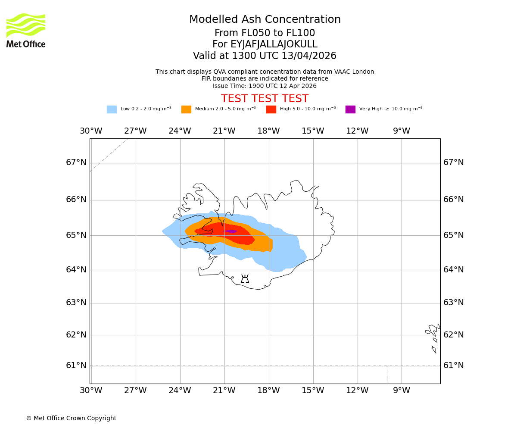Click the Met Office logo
(x=26, y=30)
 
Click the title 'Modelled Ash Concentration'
(x=265, y=20)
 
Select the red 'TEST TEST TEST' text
(x=265, y=99)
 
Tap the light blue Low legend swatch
(x=112, y=109)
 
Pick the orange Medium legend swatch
(x=186, y=109)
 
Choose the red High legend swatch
(x=271, y=109)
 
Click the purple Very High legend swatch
(x=350, y=109)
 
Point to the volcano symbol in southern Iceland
(x=245, y=279)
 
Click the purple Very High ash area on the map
(x=231, y=231)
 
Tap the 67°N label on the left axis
(x=76, y=162)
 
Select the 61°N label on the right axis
(x=454, y=365)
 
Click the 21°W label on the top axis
(x=224, y=131)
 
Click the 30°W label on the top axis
(x=91, y=131)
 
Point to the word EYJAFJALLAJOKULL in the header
(x=274, y=44)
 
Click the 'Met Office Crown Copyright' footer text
(x=71, y=419)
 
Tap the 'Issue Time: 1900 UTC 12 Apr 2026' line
(x=265, y=86)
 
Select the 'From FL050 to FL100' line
(x=265, y=33)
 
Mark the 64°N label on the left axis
(x=76, y=270)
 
